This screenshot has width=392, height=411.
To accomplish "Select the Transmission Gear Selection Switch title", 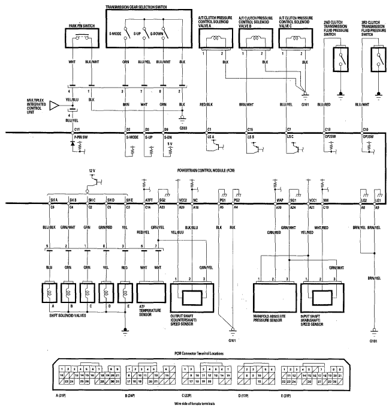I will [146, 7].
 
